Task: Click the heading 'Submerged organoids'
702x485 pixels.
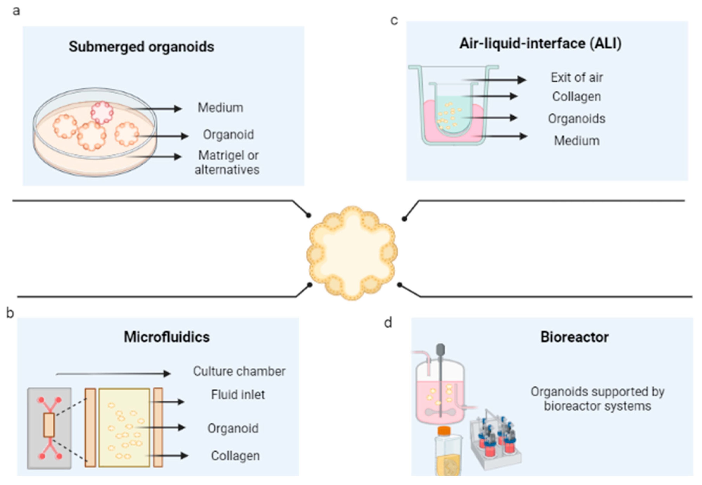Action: tap(141, 47)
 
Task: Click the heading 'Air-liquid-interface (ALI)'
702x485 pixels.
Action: tap(540, 43)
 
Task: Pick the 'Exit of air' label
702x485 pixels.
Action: tap(577, 78)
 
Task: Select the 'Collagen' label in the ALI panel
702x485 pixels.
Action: tap(576, 97)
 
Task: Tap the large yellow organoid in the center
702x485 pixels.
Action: tap(352, 253)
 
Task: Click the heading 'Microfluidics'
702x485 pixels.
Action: tap(167, 337)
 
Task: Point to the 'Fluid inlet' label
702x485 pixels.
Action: tap(238, 395)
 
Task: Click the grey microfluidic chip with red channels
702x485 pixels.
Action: tap(49, 428)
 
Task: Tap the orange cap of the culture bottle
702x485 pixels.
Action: tap(443, 431)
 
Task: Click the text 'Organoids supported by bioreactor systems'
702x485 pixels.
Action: tap(597, 399)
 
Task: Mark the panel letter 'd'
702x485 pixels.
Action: tap(388, 323)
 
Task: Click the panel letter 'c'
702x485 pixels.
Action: tap(394, 21)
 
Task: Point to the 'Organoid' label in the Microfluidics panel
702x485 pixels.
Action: tap(233, 428)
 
